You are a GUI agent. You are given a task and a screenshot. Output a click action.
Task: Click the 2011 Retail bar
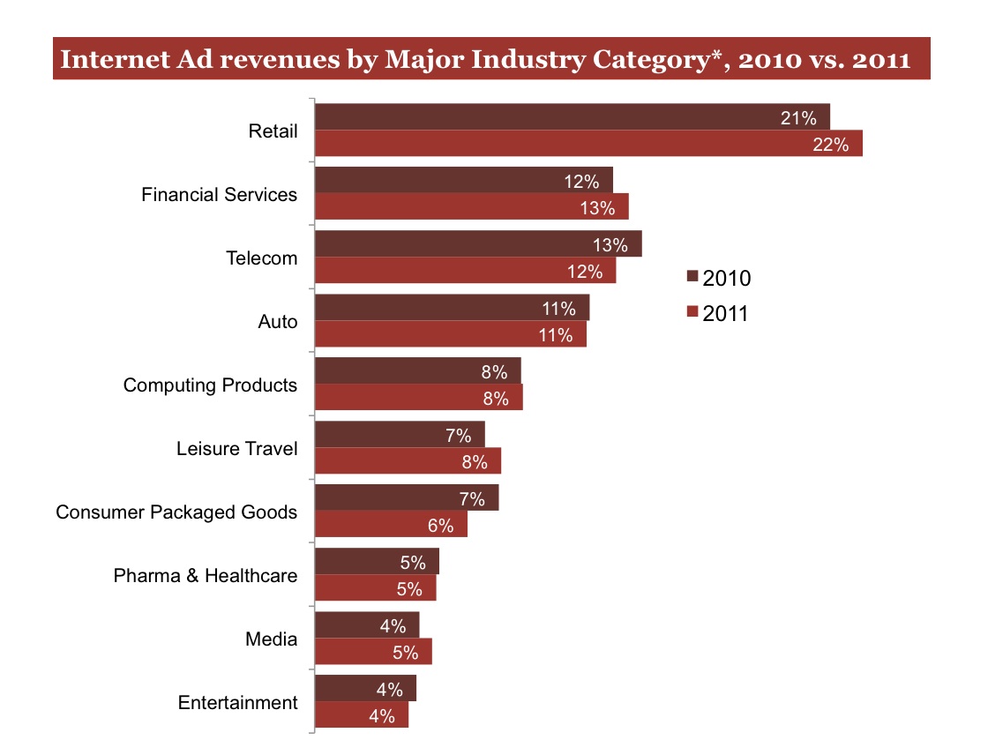point(588,144)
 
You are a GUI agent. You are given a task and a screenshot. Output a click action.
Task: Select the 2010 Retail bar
point(572,117)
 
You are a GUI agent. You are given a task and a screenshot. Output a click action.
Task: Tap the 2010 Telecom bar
point(477,244)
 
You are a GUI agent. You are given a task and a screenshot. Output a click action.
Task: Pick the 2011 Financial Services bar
point(471,207)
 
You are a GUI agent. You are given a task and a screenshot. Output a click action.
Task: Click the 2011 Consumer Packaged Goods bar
point(390,525)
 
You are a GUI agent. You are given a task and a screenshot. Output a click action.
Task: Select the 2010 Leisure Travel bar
point(399,434)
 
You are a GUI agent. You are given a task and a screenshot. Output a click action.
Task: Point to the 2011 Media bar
point(372,652)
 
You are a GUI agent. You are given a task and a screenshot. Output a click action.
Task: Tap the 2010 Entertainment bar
point(364,689)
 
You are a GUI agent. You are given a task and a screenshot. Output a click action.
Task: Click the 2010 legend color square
point(692,278)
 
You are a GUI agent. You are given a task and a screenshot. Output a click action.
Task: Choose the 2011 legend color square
point(692,312)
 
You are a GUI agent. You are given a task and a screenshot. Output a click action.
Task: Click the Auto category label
point(277,322)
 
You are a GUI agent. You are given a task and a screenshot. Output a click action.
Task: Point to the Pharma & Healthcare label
point(206,576)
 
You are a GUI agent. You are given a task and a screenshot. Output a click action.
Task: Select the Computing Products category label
point(210,385)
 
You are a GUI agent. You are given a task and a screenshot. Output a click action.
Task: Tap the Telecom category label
point(262,258)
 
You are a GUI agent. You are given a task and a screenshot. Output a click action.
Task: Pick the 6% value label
point(440,527)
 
